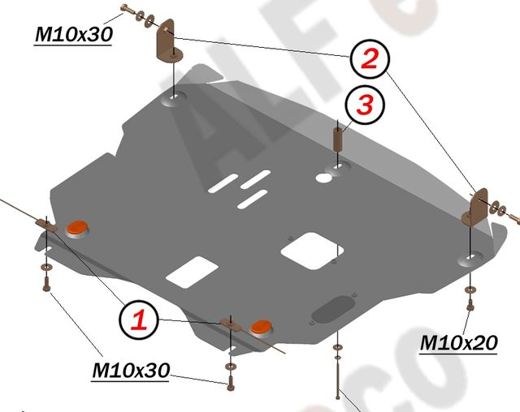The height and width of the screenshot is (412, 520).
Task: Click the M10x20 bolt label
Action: pos(457,343)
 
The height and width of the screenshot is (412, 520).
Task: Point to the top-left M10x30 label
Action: pos(73,35)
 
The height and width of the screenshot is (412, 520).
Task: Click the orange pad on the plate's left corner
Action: pos(78,229)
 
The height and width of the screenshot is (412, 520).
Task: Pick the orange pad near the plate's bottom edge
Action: pos(262,326)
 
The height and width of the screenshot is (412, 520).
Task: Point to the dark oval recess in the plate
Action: pos(333,308)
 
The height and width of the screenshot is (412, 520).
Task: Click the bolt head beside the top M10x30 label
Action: pos(124,12)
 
